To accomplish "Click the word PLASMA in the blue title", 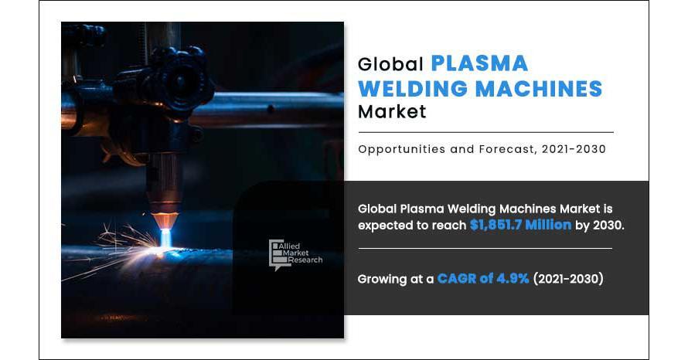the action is click(x=479, y=63).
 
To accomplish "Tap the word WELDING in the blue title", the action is click(x=414, y=89).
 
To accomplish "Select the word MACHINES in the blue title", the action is click(x=540, y=89).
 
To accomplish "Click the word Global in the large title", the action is click(x=390, y=64).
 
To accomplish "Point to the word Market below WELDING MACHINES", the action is click(x=392, y=111).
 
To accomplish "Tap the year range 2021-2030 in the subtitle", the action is click(x=574, y=149).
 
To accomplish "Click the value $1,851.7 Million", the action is click(x=520, y=225).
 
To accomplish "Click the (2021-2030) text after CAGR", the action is click(x=568, y=278).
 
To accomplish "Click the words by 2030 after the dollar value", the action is click(x=599, y=225).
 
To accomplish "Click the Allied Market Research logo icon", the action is click(x=277, y=254).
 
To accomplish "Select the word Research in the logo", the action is click(x=305, y=260).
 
